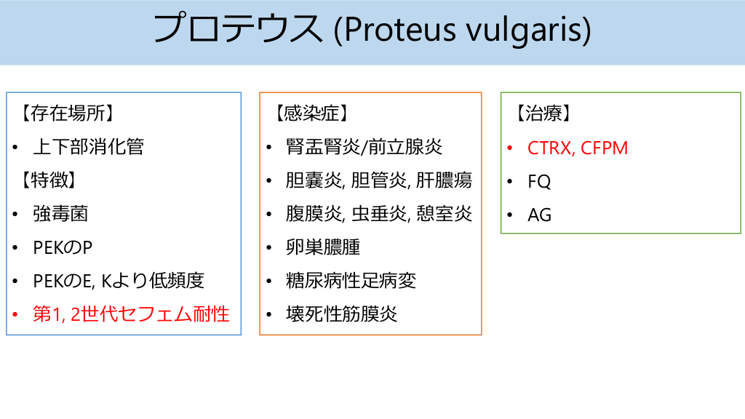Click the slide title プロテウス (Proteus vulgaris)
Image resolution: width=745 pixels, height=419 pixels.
[x=372, y=29]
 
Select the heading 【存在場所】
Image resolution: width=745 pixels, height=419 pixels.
[x=67, y=113]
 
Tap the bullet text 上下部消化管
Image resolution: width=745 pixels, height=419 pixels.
[x=88, y=147]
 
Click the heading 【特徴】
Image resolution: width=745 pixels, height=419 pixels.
[x=49, y=180]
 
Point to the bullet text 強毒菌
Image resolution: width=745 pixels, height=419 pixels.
[x=60, y=214]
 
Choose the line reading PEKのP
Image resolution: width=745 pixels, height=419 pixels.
[x=63, y=247]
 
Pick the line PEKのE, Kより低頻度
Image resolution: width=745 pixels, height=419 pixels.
[x=119, y=281]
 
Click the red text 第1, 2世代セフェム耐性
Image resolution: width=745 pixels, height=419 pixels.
[x=131, y=314]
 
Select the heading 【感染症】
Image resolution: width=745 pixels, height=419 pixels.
[x=311, y=113]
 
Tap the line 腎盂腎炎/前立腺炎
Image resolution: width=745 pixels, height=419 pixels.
[x=364, y=147]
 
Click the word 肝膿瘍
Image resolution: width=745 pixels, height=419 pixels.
[x=445, y=180]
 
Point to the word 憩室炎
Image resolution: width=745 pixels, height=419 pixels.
[x=445, y=214]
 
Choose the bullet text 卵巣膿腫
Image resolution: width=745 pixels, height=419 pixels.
[x=323, y=247]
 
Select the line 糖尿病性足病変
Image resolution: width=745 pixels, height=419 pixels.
[x=351, y=281]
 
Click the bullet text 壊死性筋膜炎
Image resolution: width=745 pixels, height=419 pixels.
[x=341, y=314]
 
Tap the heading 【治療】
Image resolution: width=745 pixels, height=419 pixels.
[x=543, y=113]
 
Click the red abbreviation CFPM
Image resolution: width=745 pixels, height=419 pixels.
[x=605, y=148]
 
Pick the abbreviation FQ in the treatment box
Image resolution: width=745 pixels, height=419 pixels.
[x=539, y=181]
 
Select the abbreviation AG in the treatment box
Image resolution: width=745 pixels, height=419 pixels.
[x=539, y=215]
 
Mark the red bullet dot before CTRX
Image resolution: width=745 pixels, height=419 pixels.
[x=510, y=148]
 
